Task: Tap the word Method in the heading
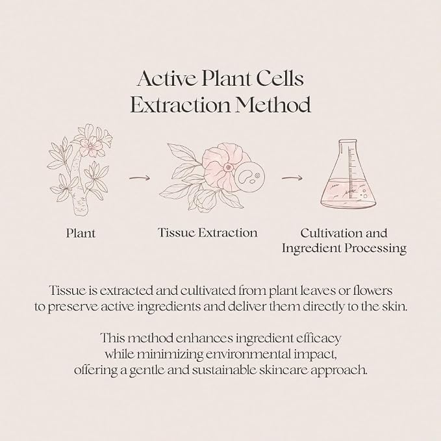coord(273,105)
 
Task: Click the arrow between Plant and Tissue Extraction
coord(140,178)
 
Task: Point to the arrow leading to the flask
coord(292,178)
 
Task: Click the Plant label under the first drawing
coord(81,233)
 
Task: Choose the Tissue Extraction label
coord(208,233)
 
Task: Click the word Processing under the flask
coord(376,248)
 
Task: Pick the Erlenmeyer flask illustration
coord(349,174)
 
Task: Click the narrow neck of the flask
coord(349,152)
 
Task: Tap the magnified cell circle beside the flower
coord(249,177)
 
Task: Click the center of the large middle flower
coord(227,168)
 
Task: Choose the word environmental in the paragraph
coord(246,354)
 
